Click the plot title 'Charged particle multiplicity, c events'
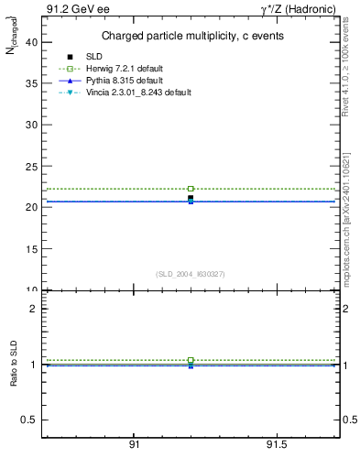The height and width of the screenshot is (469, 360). coord(191,36)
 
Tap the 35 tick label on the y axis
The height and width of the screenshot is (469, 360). coord(29,82)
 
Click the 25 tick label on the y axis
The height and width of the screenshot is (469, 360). coord(29,166)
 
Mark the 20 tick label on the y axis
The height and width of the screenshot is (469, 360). coord(29,207)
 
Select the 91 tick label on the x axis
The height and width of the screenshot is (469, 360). coord(134,445)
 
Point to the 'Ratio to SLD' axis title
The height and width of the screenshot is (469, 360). coord(14,377)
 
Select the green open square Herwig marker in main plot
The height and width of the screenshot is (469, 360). coord(191,189)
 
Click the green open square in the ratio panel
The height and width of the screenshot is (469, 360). coord(191,360)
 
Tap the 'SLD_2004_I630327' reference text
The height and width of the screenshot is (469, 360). coord(191,274)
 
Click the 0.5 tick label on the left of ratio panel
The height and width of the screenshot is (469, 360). coord(29,420)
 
